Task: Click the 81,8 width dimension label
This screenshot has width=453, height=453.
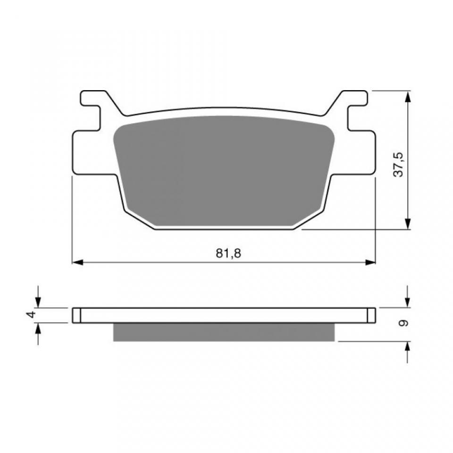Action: tap(228, 253)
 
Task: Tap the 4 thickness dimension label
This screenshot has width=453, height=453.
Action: tap(32, 315)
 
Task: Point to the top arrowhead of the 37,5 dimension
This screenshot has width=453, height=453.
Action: tap(407, 97)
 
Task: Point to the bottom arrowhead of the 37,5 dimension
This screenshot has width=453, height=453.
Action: tap(407, 224)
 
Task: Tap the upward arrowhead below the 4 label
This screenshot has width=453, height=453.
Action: tap(38, 328)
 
